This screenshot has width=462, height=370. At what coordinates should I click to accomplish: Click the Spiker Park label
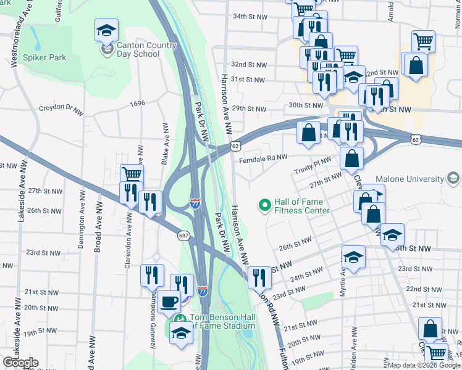coord(44,58)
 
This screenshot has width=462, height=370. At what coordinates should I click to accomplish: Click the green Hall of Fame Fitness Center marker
coord(265,204)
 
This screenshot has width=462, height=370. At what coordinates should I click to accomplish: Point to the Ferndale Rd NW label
coord(263,158)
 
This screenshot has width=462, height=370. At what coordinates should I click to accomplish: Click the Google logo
coord(20,363)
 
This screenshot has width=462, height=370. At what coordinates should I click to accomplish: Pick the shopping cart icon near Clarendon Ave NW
coord(132,174)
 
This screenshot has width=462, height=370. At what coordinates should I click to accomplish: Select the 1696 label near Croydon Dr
coord(137,103)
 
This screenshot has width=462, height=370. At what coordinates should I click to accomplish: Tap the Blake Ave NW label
coord(165,143)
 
